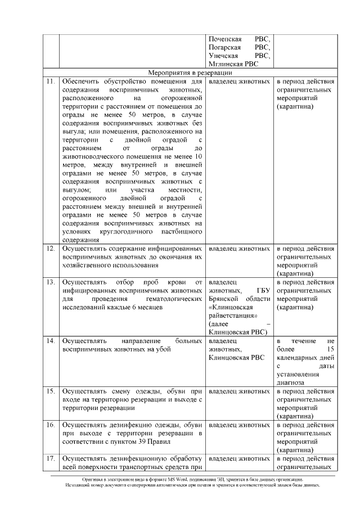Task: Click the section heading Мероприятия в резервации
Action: pyautogui.click(x=190, y=73)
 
